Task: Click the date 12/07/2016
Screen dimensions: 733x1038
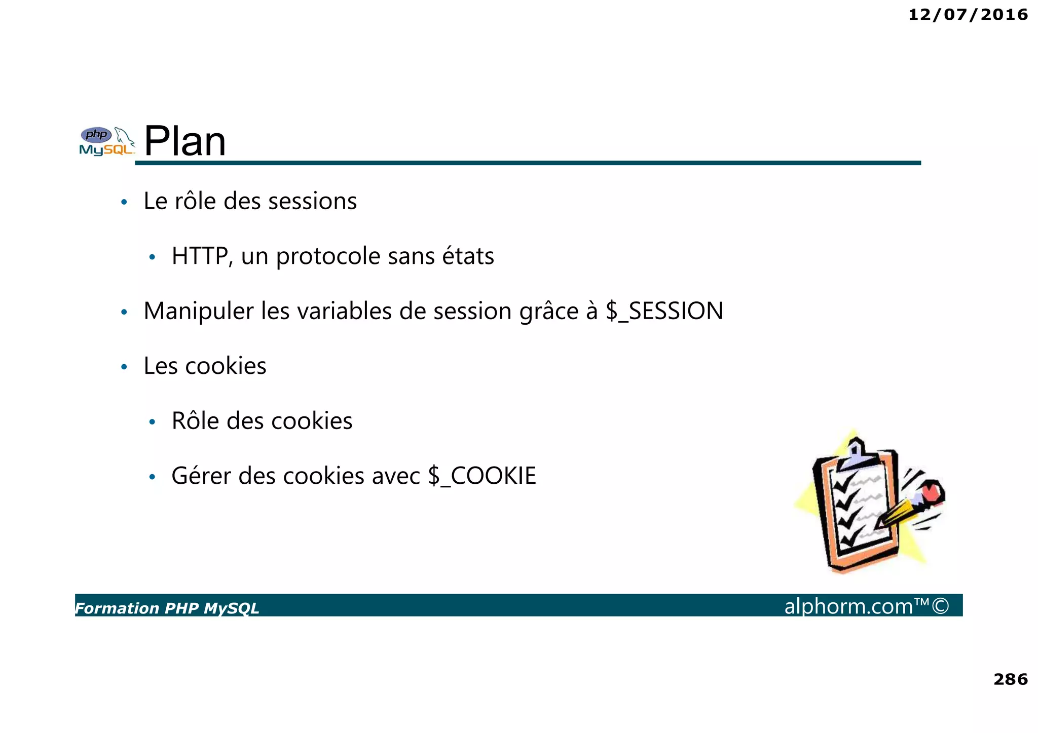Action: (x=968, y=15)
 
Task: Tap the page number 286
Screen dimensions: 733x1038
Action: (x=1010, y=679)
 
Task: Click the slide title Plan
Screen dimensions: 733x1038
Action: (x=185, y=141)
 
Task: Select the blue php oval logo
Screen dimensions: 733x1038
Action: (x=96, y=135)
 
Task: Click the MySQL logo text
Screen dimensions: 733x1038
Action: (x=106, y=150)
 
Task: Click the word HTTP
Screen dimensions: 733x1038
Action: (x=200, y=256)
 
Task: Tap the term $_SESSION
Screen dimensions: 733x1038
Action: (x=664, y=311)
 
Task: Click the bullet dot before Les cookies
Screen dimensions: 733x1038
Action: (x=124, y=367)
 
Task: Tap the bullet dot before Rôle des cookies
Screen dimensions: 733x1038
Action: (x=152, y=422)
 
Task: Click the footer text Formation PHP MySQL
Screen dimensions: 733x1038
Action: (x=167, y=608)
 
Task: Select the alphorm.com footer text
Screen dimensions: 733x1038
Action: (x=848, y=606)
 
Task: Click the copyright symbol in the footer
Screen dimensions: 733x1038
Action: (x=941, y=606)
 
